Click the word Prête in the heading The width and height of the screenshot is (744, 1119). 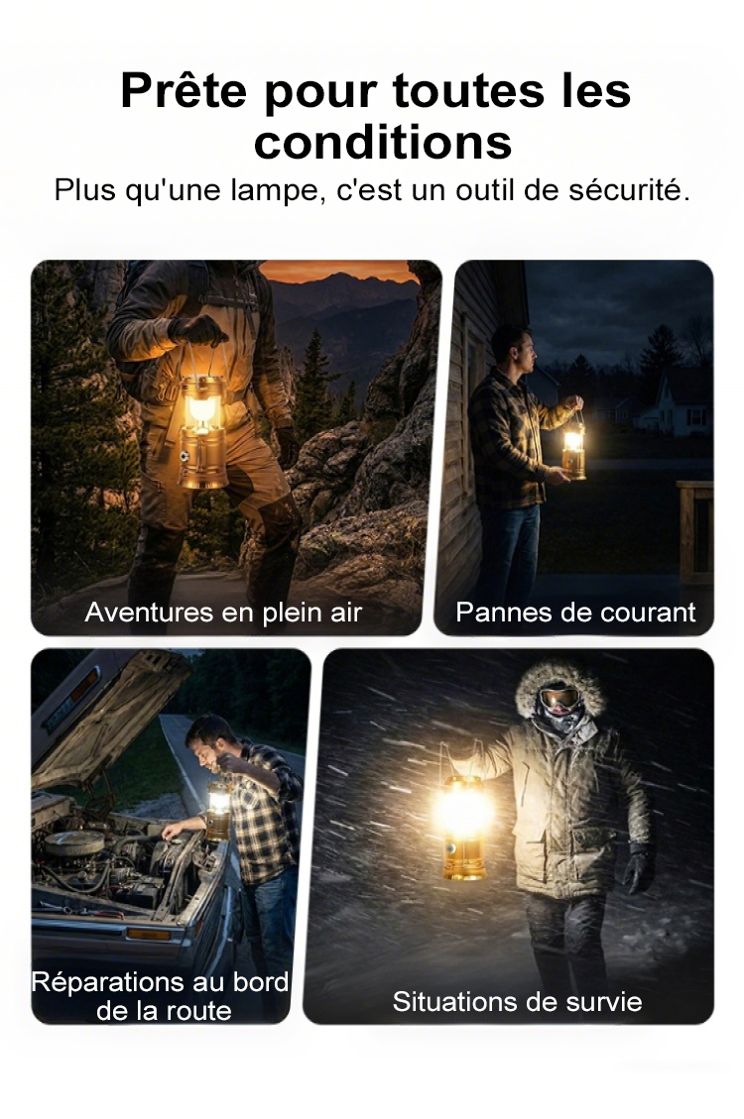click(x=184, y=90)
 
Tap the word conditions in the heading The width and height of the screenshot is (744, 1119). click(x=384, y=142)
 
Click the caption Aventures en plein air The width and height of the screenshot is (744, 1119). click(x=223, y=613)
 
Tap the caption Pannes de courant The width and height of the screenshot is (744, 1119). click(x=575, y=613)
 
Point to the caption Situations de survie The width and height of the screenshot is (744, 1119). click(x=518, y=1001)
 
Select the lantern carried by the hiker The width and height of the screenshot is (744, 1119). click(x=203, y=432)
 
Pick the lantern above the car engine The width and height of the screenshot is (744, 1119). click(x=218, y=810)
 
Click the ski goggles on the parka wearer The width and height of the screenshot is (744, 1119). click(x=559, y=697)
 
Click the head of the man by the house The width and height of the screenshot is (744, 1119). click(x=516, y=348)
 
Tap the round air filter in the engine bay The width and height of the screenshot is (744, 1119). click(x=74, y=843)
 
